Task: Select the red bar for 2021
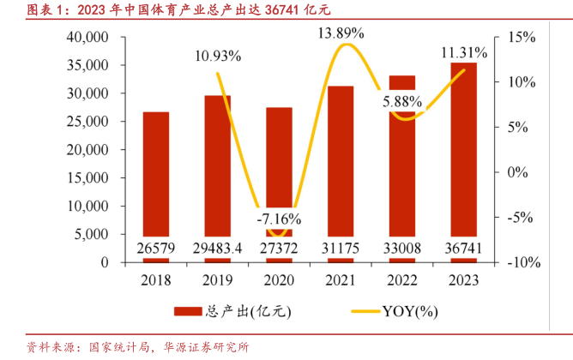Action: pyautogui.click(x=341, y=163)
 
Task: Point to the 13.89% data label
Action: pyautogui.click(x=341, y=33)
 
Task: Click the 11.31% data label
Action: pyautogui.click(x=464, y=53)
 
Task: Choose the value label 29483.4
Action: pyautogui.click(x=217, y=248)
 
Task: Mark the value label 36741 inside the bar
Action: pyautogui.click(x=464, y=248)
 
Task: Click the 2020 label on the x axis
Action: pyautogui.click(x=279, y=281)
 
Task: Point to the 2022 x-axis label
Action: pyautogui.click(x=402, y=281)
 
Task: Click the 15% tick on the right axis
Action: pyautogui.click(x=521, y=38)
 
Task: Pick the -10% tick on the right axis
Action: pyautogui.click(x=518, y=263)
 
